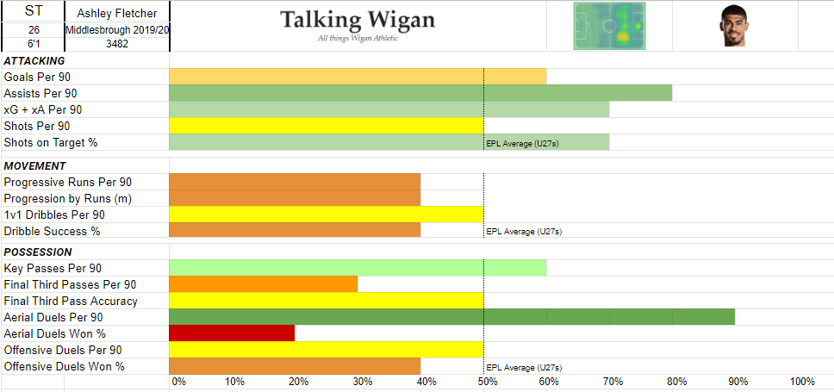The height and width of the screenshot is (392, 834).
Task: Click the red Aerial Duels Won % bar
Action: pyautogui.click(x=232, y=333)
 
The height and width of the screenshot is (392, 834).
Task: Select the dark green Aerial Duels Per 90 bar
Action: pyautogui.click(x=451, y=317)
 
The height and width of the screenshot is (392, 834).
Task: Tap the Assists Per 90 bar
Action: pyautogui.click(x=420, y=93)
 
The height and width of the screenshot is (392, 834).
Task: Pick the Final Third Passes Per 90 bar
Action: pyautogui.click(x=263, y=284)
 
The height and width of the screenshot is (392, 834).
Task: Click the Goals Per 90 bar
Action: pyautogui.click(x=358, y=77)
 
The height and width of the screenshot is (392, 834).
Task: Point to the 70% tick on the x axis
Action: pyautogui.click(x=613, y=381)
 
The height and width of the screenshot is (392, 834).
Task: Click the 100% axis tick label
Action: pyautogui.click(x=802, y=381)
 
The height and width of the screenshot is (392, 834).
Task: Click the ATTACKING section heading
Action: pyautogui.click(x=34, y=61)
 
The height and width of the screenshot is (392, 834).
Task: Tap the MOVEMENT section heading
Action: pyautogui.click(x=34, y=165)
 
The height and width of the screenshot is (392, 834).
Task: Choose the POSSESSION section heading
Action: pyautogui.click(x=38, y=252)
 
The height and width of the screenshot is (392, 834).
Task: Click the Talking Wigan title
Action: pyautogui.click(x=358, y=21)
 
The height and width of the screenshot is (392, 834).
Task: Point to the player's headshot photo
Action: pyautogui.click(x=732, y=26)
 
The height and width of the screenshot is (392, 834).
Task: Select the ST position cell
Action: pyautogui.click(x=33, y=12)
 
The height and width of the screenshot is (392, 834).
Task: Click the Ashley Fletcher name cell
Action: pyautogui.click(x=116, y=12)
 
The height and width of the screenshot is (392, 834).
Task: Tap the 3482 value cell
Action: pyautogui.click(x=116, y=43)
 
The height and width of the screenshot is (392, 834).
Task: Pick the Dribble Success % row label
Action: pyautogui.click(x=52, y=231)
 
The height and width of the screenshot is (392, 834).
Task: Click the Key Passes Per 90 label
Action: pyautogui.click(x=53, y=268)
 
